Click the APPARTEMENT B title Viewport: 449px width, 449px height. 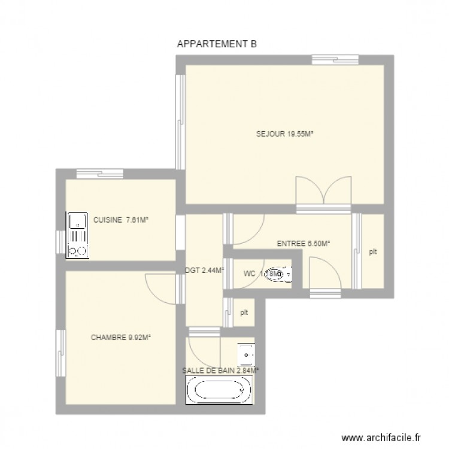click(x=217, y=44)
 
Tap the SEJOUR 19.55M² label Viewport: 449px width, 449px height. click(x=285, y=134)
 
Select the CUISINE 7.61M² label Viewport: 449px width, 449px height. click(x=120, y=220)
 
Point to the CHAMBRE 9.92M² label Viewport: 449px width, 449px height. click(x=120, y=338)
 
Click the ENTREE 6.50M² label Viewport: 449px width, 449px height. click(x=304, y=244)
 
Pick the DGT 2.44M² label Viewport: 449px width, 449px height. click(x=205, y=270)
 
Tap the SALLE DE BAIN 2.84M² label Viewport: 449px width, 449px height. click(x=220, y=371)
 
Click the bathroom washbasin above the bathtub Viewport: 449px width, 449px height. click(x=246, y=354)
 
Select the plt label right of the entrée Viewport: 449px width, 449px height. click(x=372, y=252)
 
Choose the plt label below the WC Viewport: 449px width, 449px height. click(x=244, y=312)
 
